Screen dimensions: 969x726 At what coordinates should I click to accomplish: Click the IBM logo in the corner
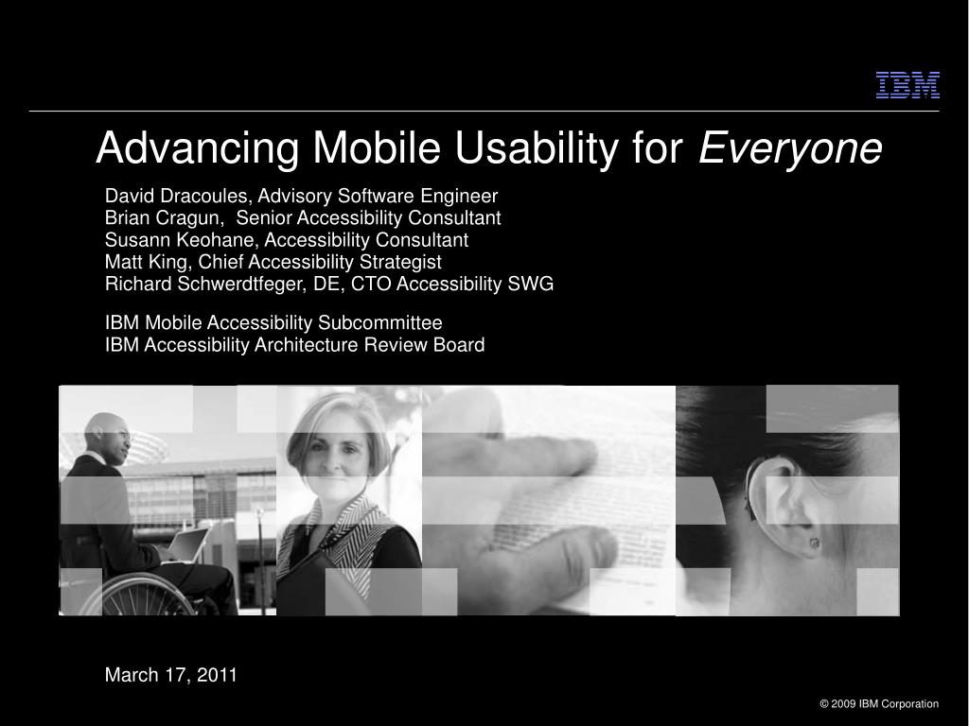point(907,85)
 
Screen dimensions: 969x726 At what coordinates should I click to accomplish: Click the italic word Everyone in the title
point(790,148)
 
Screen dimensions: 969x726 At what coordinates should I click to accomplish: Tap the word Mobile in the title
point(377,147)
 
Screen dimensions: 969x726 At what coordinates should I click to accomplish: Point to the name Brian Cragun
point(162,218)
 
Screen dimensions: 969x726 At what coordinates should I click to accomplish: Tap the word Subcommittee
point(380,323)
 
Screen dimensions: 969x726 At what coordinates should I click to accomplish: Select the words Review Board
point(424,344)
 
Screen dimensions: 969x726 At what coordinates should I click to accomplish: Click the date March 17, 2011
point(171,675)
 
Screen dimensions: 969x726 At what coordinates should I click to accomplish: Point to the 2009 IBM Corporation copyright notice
point(879,703)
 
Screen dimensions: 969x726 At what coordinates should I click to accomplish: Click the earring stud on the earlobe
point(815,543)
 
